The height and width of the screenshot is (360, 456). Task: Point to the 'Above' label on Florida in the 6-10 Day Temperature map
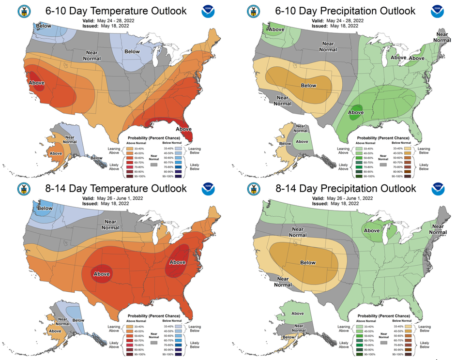(183, 129)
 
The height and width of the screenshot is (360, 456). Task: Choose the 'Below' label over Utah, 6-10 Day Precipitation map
(308, 86)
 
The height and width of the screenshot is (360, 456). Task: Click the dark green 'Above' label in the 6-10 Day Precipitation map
(356, 114)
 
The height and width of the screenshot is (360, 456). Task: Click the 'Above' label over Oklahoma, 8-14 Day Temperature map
(101, 274)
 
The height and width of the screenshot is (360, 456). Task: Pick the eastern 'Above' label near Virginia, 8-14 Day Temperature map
(178, 262)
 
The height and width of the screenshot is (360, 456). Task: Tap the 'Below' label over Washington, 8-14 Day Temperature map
(45, 209)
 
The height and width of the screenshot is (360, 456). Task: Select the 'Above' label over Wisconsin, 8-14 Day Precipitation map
(371, 231)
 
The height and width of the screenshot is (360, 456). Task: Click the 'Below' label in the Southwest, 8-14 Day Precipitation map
(308, 263)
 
